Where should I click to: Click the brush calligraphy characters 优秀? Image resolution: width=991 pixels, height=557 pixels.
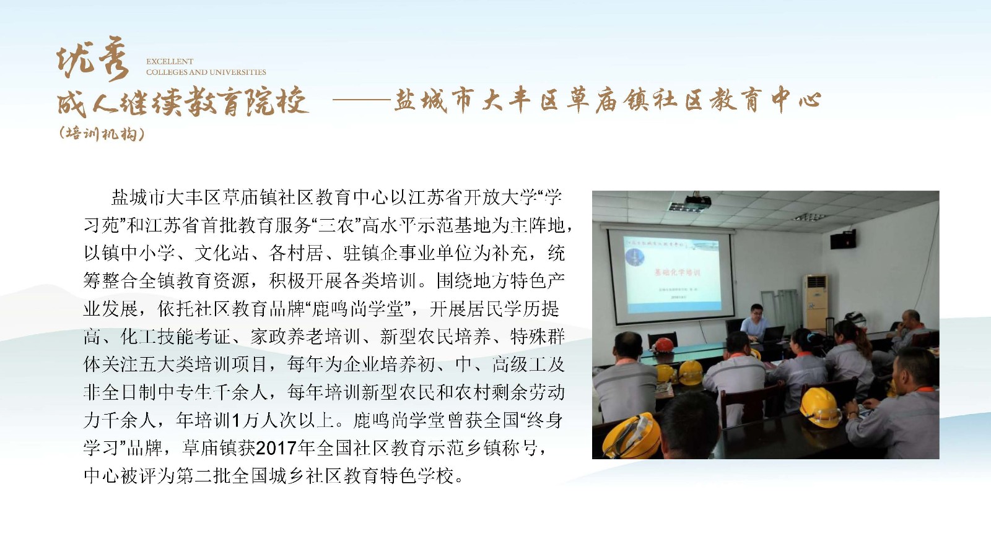(x=93, y=62)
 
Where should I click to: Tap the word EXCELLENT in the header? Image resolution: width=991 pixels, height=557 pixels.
(x=170, y=61)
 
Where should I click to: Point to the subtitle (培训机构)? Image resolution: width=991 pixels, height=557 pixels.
(x=102, y=133)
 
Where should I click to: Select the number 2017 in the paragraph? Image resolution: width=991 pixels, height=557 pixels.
(x=276, y=448)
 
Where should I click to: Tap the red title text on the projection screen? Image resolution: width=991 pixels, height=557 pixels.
(x=677, y=272)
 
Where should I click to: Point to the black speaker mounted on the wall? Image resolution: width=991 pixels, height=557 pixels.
(x=843, y=240)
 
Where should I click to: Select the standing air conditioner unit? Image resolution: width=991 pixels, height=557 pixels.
(x=815, y=303)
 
